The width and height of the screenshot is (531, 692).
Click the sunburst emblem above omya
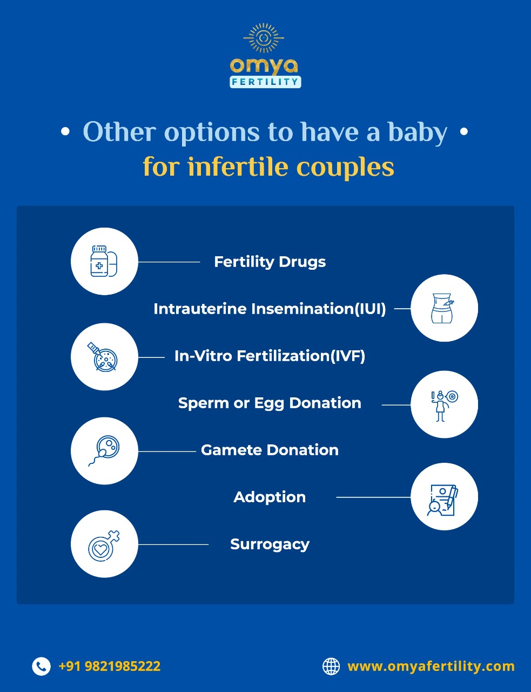pyautogui.click(x=264, y=38)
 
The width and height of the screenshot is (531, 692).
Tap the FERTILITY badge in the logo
pyautogui.click(x=265, y=82)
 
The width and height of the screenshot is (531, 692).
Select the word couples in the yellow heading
pyautogui.click(x=345, y=168)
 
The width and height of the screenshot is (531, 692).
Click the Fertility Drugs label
pyautogui.click(x=270, y=262)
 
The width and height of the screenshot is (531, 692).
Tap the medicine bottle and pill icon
pyautogui.click(x=104, y=261)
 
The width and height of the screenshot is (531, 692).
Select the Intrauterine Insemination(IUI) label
pyautogui.click(x=270, y=309)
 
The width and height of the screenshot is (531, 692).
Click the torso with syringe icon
pyautogui.click(x=442, y=308)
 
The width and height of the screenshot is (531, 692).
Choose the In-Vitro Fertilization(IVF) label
pyautogui.click(x=270, y=356)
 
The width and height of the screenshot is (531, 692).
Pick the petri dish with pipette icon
pyautogui.click(x=103, y=357)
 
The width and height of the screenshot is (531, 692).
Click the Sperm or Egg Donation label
pyautogui.click(x=270, y=403)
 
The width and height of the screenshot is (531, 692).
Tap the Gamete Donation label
pyautogui.click(x=270, y=450)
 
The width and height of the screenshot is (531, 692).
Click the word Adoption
pyautogui.click(x=270, y=497)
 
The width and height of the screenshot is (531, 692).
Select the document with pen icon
pyautogui.click(x=442, y=500)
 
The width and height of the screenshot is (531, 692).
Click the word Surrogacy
pyautogui.click(x=270, y=544)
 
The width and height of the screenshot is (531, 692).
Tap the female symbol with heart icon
pyautogui.click(x=104, y=546)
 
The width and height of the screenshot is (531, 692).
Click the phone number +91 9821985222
pyautogui.click(x=110, y=666)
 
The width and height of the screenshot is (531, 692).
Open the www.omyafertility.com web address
pyautogui.click(x=431, y=667)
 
